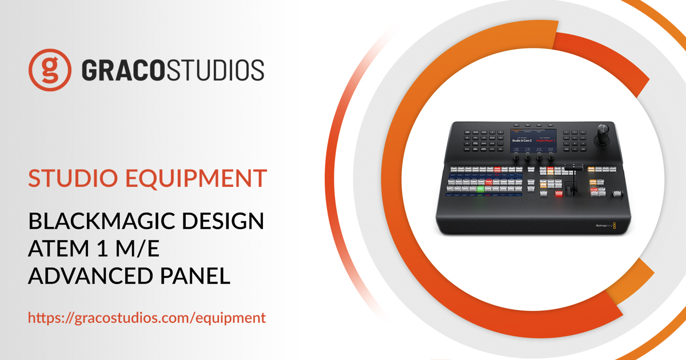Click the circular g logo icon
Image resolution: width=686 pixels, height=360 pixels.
pos(50,70)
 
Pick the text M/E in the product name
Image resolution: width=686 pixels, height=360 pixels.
pos(135,249)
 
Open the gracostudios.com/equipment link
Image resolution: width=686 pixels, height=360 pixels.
pos(147,318)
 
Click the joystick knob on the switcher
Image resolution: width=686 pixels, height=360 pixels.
pos(604,129)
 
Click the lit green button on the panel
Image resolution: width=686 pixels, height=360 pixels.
pos(480,189)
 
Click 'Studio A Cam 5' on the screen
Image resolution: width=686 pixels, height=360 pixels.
pos(523,141)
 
